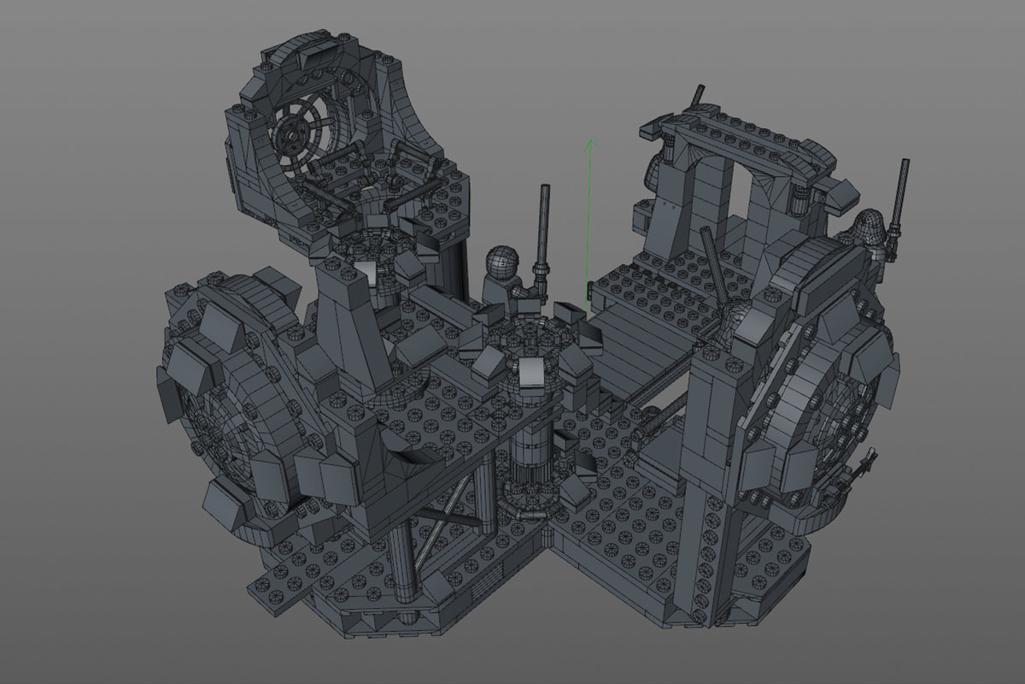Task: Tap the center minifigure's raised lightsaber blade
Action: coord(543,222)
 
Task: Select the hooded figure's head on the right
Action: coord(869,226)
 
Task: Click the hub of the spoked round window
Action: coord(296,134)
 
